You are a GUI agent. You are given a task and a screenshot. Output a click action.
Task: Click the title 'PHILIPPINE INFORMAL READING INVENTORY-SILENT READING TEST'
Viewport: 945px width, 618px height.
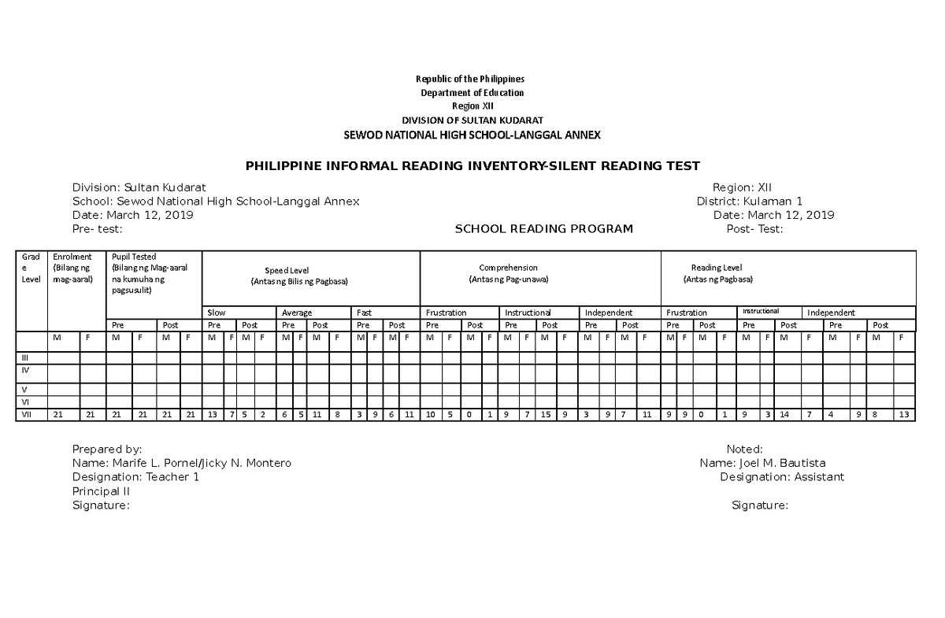472,166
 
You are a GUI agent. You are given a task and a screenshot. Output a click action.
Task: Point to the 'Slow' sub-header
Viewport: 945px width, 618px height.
217,313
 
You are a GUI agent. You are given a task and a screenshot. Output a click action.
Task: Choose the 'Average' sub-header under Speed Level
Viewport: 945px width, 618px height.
297,313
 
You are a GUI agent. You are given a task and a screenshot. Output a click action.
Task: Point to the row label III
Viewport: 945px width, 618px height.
25,357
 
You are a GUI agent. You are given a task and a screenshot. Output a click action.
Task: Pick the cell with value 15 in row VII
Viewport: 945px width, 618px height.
545,415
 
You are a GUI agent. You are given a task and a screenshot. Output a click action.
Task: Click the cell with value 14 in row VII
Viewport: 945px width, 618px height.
785,415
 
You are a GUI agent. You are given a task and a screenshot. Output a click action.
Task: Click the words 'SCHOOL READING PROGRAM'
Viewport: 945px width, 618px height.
544,229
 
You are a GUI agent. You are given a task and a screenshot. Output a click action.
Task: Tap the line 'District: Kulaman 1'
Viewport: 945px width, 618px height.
749,202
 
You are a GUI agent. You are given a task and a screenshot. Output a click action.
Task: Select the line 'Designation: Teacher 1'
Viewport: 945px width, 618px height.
135,477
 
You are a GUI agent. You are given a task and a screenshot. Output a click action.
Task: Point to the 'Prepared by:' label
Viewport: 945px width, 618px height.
107,449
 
